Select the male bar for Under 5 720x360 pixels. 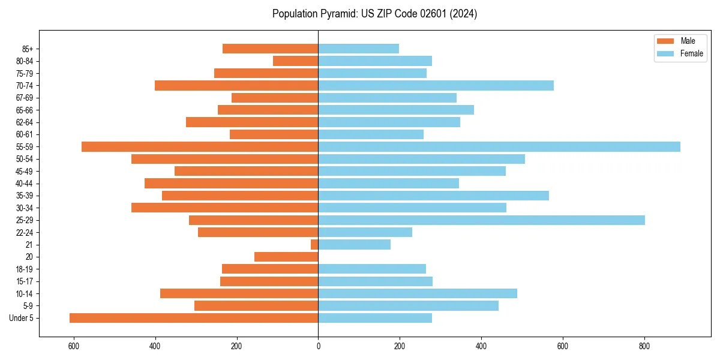(x=194, y=318)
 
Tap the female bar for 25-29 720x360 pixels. (x=481, y=220)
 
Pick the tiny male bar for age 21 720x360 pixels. (x=314, y=245)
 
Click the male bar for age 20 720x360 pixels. (x=286, y=257)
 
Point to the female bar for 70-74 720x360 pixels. (x=436, y=86)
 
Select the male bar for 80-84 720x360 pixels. (x=296, y=61)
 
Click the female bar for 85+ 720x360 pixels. (x=358, y=49)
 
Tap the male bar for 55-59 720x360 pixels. (x=200, y=147)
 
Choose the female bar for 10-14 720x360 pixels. (x=418, y=293)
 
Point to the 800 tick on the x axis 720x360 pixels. (x=644, y=346)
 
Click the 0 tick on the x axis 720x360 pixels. (x=318, y=346)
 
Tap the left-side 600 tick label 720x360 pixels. (x=74, y=346)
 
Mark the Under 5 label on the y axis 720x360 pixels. (x=22, y=318)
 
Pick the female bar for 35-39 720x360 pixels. (x=433, y=196)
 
